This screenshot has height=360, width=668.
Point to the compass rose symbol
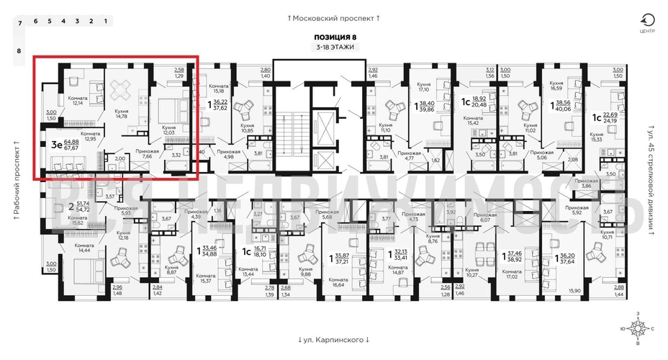coord(636,329)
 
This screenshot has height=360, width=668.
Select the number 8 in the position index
coord(19,51)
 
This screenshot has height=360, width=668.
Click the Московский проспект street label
coord(333,17)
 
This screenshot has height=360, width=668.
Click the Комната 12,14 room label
coord(77,100)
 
